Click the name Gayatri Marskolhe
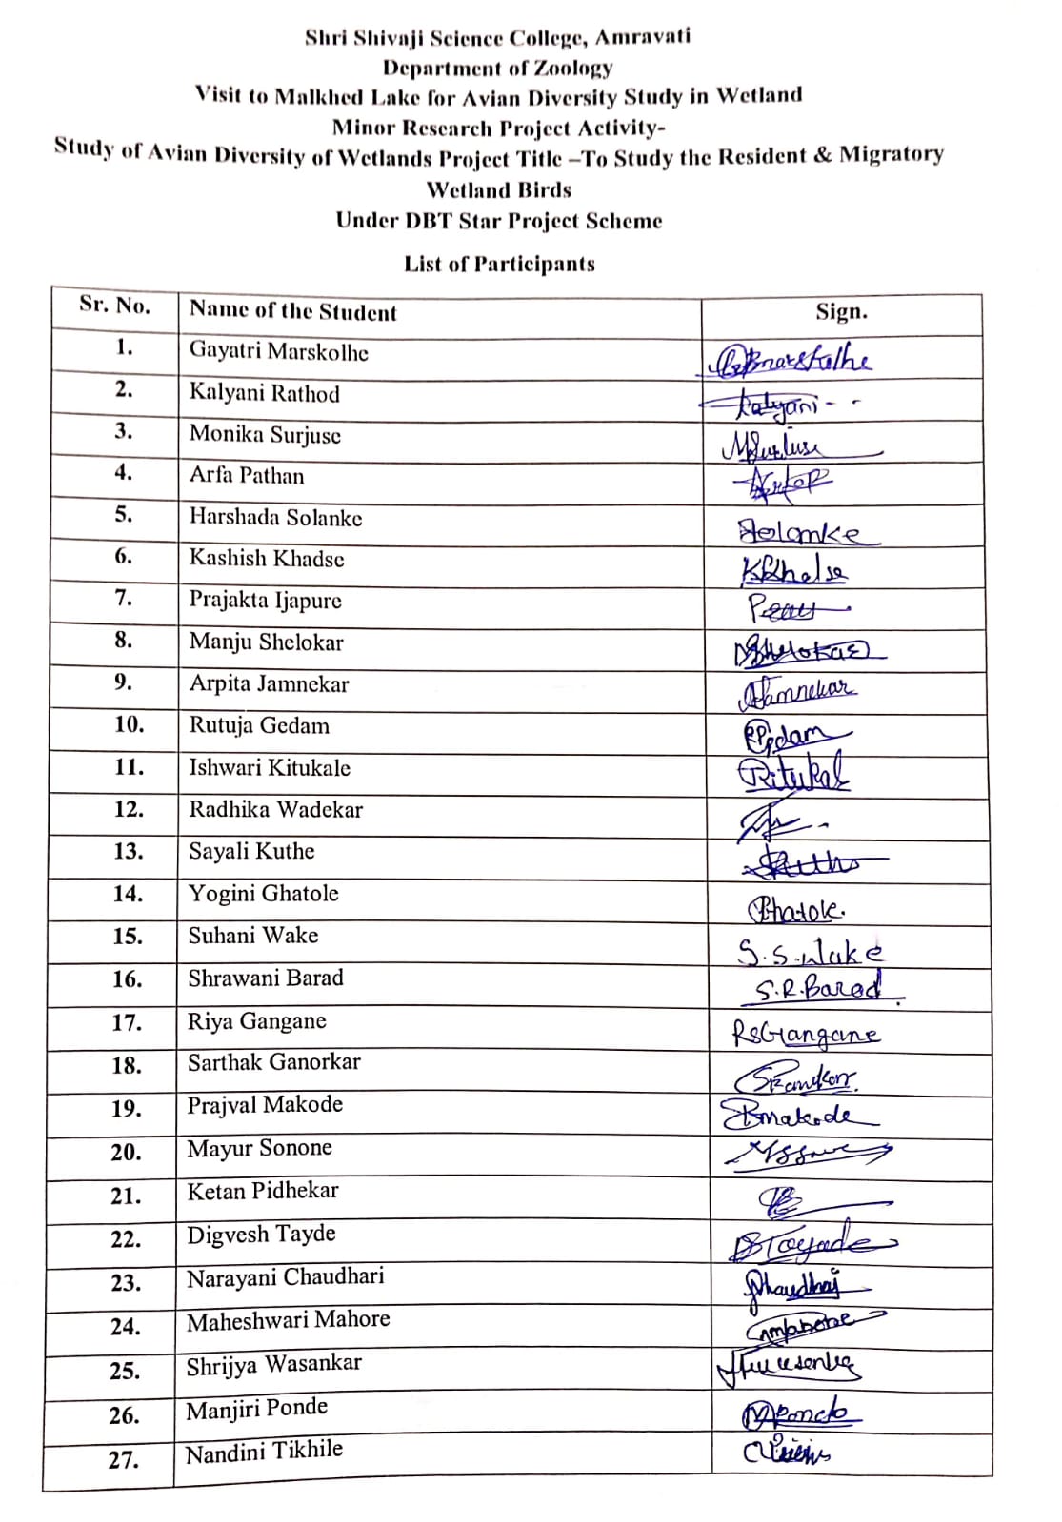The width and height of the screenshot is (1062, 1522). pyautogui.click(x=278, y=351)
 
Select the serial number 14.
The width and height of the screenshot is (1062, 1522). pyautogui.click(x=128, y=894)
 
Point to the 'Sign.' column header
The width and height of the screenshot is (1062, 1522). pyautogui.click(x=841, y=311)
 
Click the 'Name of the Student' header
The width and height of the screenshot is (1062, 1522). pyautogui.click(x=292, y=311)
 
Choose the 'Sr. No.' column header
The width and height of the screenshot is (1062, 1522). pyautogui.click(x=115, y=306)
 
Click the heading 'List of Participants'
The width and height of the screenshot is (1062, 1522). pyautogui.click(x=499, y=264)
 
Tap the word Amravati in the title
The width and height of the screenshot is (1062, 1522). pyautogui.click(x=643, y=37)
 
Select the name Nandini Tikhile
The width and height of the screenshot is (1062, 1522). pyautogui.click(x=264, y=1452)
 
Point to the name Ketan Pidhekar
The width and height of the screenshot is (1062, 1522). pyautogui.click(x=263, y=1191)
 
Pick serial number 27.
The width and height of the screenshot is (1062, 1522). pyautogui.click(x=123, y=1459)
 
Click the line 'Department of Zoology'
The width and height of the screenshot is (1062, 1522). pyautogui.click(x=497, y=68)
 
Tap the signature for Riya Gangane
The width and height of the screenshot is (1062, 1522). pyautogui.click(x=806, y=1034)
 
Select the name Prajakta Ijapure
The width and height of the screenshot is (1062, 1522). pyautogui.click(x=265, y=601)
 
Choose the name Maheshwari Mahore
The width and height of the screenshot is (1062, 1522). pyautogui.click(x=288, y=1320)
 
